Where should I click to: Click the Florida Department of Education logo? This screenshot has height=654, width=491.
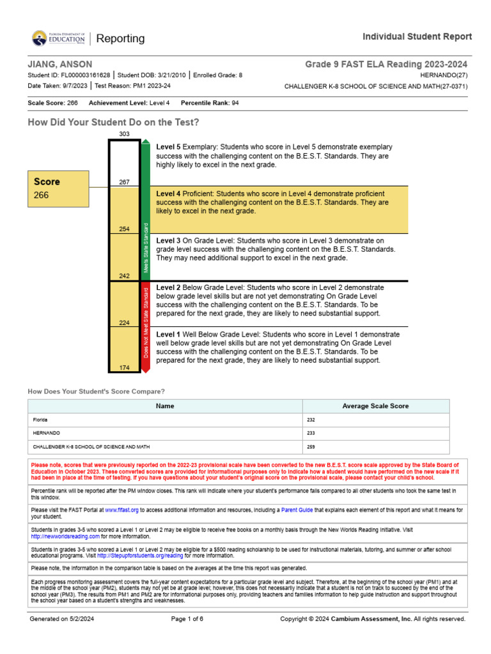(58, 39)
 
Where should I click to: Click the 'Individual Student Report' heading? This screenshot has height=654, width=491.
(417, 36)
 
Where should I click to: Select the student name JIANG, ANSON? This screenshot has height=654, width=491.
(60, 65)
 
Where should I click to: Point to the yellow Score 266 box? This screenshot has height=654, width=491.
(58, 188)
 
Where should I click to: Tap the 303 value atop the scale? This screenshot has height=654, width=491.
(124, 134)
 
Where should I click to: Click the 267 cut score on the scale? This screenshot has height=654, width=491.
(124, 182)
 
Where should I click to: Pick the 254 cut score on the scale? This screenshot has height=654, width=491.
(124, 229)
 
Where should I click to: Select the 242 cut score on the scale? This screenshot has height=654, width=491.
(124, 276)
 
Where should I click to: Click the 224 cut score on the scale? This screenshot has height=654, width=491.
(124, 323)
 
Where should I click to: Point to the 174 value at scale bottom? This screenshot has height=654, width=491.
(124, 367)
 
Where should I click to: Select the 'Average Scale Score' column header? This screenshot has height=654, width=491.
(375, 406)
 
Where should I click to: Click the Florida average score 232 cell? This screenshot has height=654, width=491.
(311, 420)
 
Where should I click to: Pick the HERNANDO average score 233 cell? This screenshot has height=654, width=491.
(311, 434)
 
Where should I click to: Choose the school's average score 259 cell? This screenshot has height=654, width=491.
(311, 447)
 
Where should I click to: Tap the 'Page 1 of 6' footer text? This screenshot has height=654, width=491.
(187, 619)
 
